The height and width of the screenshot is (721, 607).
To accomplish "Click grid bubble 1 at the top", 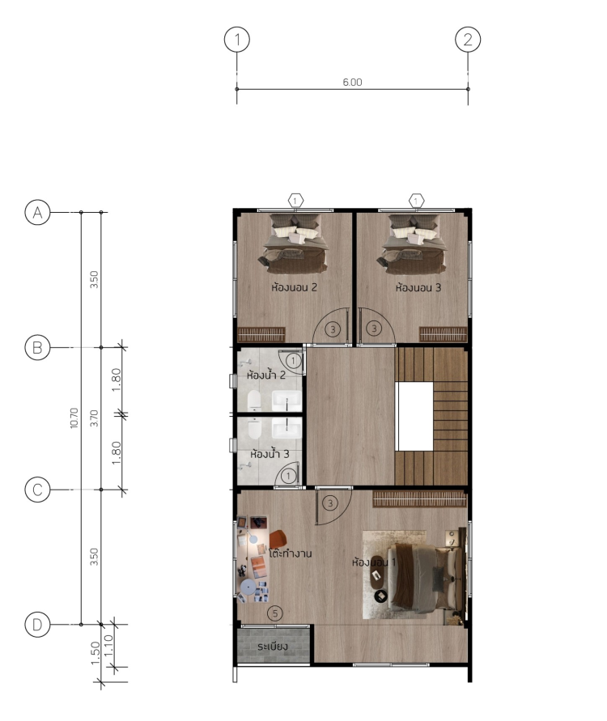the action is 237,40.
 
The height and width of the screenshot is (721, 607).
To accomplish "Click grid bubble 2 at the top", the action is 468,40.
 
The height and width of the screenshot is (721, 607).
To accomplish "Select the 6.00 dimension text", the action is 352,83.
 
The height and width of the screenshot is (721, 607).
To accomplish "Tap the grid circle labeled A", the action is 37,212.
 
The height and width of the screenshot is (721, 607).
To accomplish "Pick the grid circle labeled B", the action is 37,348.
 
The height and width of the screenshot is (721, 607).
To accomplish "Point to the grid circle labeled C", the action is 37,490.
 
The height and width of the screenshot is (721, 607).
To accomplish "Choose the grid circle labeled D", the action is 37,625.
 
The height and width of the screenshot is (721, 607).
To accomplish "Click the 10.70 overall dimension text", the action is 74,418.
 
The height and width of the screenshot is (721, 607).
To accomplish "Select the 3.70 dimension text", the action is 94,418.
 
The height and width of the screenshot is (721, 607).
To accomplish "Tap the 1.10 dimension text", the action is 108,646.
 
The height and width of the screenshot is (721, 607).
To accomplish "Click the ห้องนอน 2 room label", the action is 295,287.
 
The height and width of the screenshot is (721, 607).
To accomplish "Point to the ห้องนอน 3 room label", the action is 418,287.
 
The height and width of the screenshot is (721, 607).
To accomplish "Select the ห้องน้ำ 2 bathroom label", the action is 266,375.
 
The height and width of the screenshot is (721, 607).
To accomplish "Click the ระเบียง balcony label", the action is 273,647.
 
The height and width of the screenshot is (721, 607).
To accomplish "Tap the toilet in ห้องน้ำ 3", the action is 254,429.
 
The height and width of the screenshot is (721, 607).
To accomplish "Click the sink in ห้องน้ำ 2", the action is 287,401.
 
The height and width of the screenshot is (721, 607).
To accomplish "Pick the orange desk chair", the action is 278,539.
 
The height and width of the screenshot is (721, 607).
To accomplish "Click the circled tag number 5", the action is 275,613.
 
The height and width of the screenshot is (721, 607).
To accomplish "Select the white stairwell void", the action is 414,416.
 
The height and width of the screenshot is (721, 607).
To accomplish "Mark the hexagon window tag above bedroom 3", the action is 416,201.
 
